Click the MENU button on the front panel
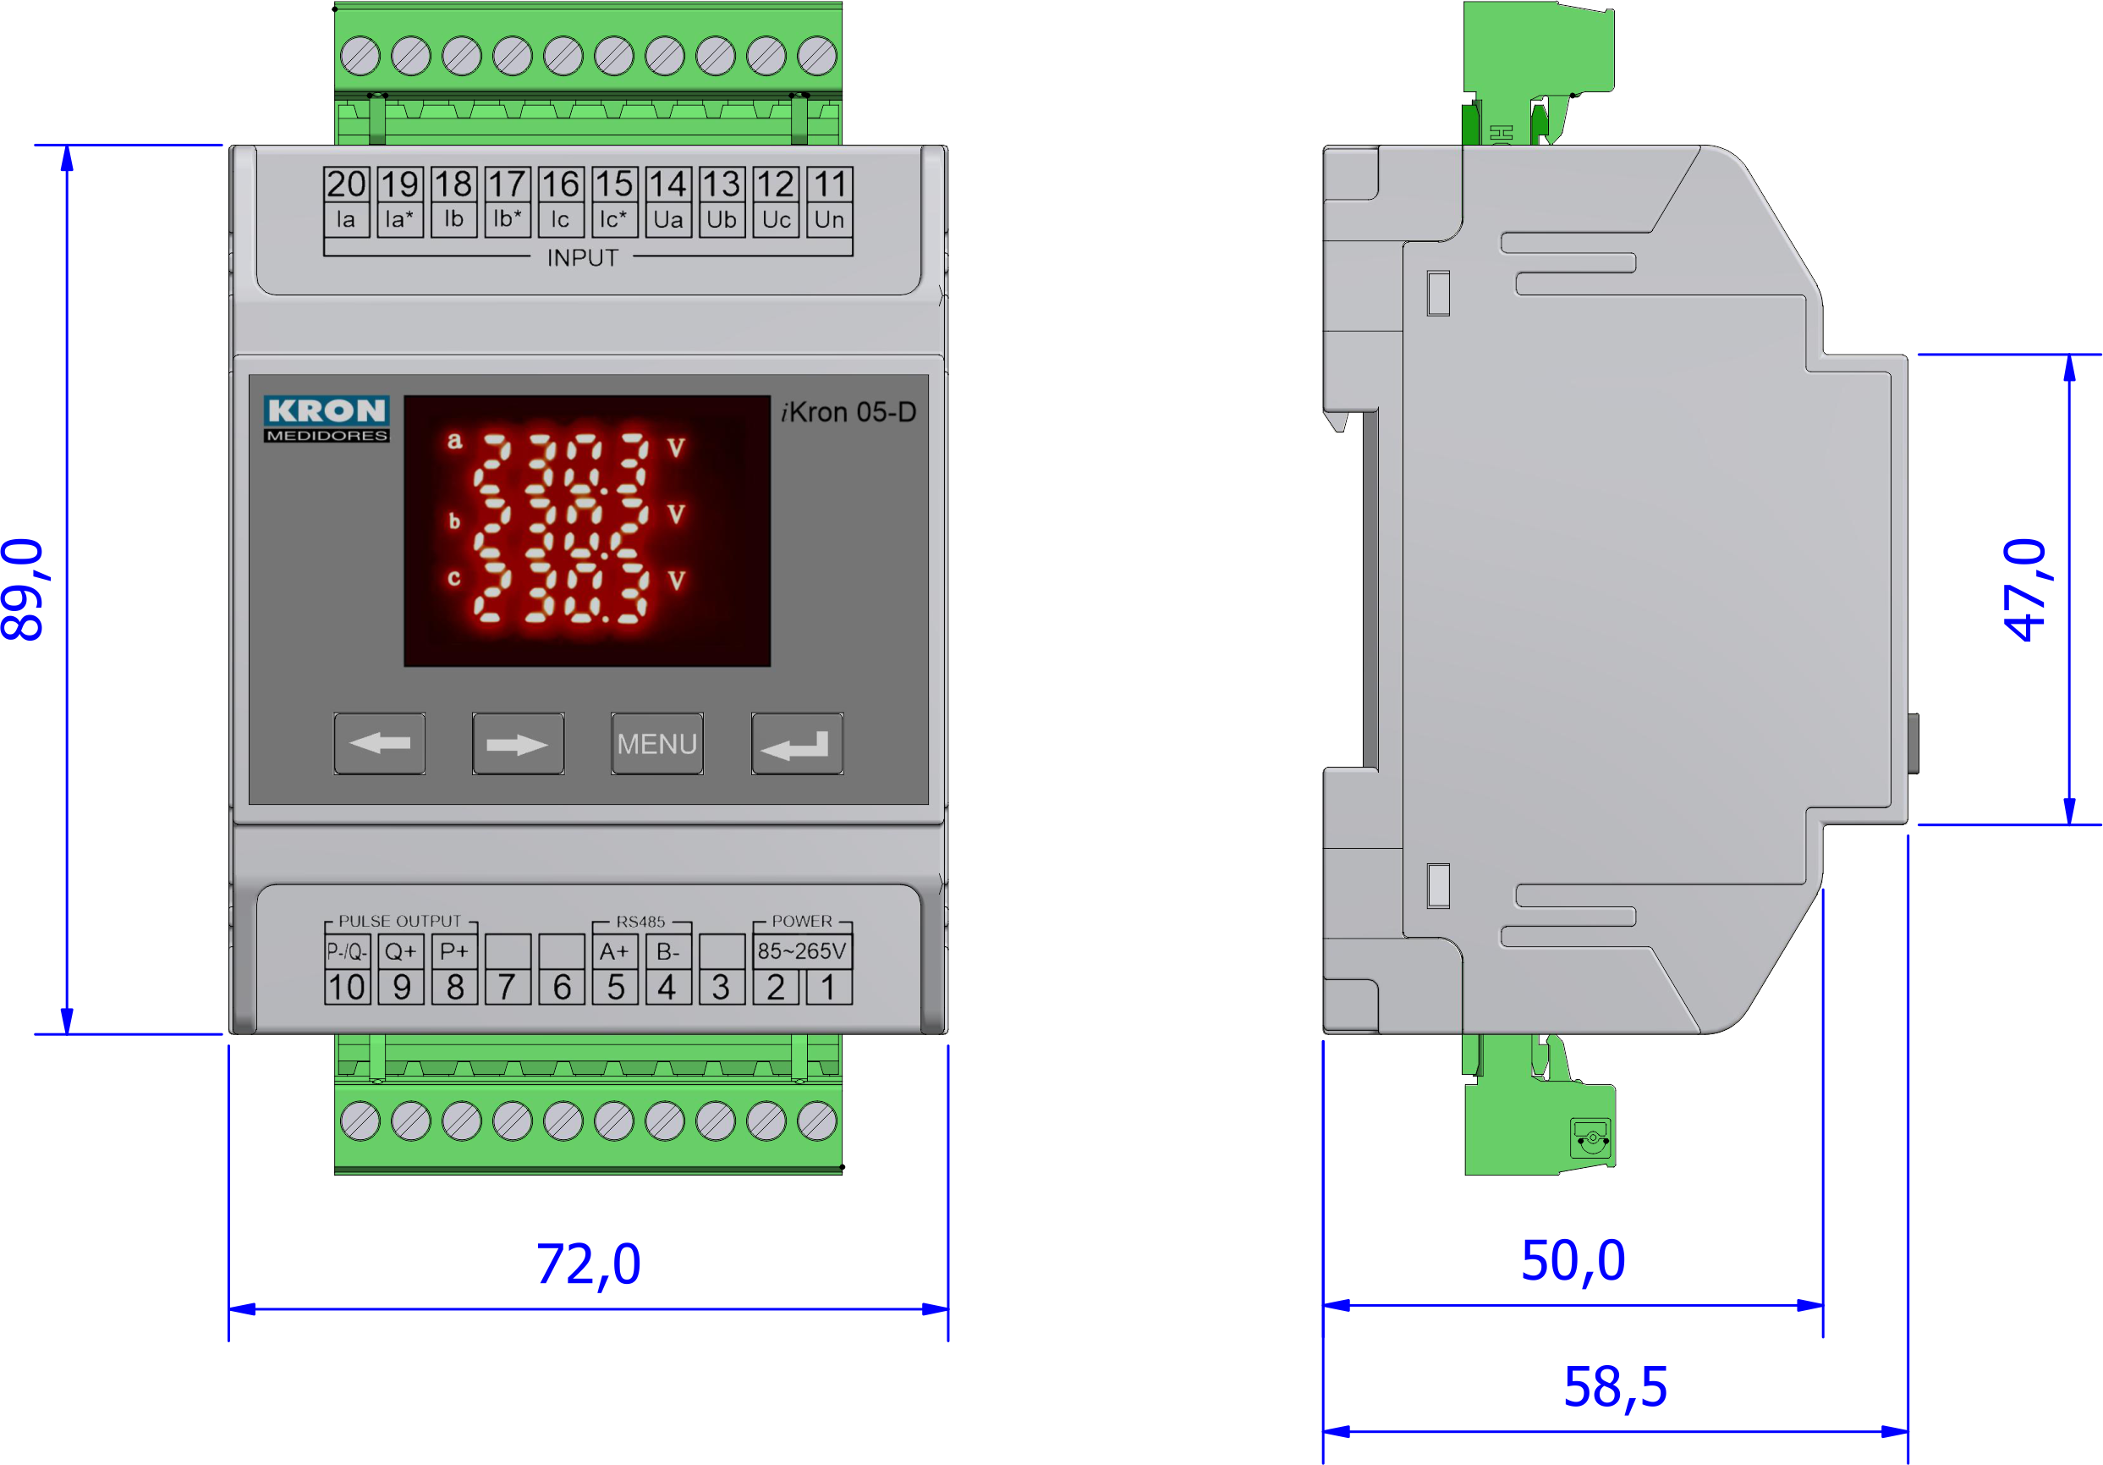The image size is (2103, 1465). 656,743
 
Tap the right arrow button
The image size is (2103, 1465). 518,743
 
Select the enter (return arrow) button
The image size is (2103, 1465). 797,743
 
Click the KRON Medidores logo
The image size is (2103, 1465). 326,419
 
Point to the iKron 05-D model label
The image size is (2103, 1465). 848,412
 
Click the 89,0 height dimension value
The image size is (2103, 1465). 23,589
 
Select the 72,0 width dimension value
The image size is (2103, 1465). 588,1264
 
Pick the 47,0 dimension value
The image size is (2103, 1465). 2026,589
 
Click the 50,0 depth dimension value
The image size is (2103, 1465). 1573,1261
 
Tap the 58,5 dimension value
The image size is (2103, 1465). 1615,1387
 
